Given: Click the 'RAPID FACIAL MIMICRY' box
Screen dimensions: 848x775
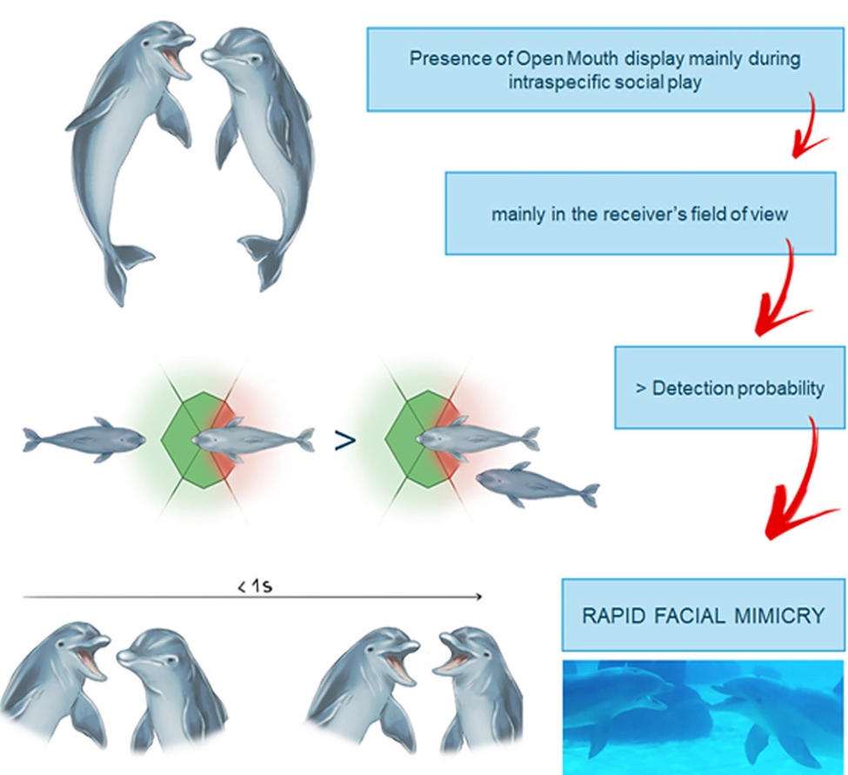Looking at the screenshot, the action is [x=703, y=615].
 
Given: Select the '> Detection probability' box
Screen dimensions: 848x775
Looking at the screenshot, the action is [x=730, y=388].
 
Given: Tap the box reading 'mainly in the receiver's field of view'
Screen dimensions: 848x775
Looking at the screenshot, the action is [x=640, y=214].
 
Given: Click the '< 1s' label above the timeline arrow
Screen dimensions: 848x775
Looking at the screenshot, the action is [x=255, y=585].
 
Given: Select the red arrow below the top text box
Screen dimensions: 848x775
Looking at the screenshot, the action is [x=809, y=127].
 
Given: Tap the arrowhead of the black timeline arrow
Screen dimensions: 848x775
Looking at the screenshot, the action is [x=479, y=597].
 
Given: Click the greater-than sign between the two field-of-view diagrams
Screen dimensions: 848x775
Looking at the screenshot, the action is [x=345, y=441].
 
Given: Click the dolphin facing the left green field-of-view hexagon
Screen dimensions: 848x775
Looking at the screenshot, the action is [x=83, y=439].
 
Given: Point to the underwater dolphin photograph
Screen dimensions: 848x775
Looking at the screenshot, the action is [x=703, y=717].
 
